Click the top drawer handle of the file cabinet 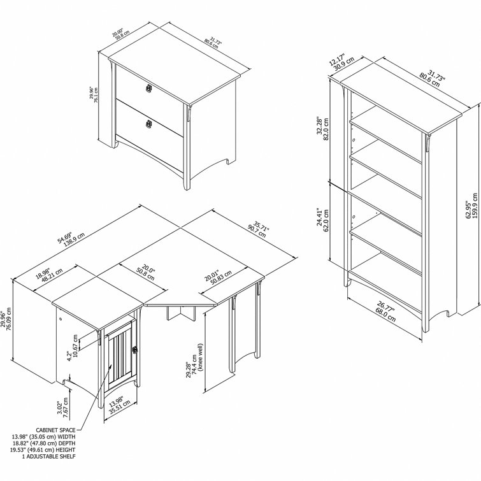click(x=151, y=88)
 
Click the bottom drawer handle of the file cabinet click(x=150, y=123)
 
